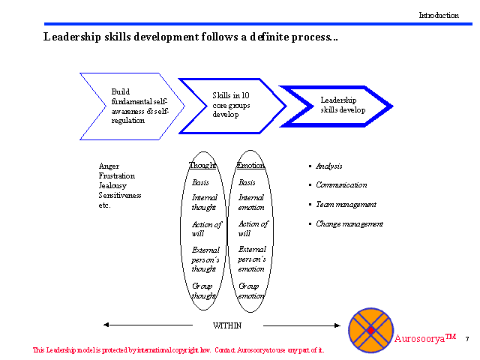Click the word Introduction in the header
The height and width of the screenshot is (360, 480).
point(438,15)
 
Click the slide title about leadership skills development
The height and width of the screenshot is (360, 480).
point(190,37)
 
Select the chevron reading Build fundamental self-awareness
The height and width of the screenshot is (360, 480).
point(134,106)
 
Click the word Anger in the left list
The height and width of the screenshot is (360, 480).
point(109,166)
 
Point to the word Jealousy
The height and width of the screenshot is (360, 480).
point(113,185)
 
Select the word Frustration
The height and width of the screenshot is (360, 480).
point(118,175)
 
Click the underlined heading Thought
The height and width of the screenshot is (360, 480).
point(202,166)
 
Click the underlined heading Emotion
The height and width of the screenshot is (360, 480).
point(250,166)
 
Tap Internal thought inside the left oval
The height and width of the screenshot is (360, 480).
point(205,202)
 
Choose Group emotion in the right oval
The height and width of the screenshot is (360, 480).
point(251,290)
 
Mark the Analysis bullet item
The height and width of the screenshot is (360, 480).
point(328,166)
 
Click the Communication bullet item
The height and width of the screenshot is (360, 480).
point(341,184)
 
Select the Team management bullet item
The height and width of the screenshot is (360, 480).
point(346,204)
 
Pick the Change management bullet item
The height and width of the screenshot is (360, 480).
point(349,223)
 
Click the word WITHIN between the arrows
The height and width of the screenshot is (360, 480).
point(228,325)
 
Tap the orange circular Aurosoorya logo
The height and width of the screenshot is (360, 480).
point(370,330)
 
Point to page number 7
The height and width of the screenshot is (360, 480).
point(467,339)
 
